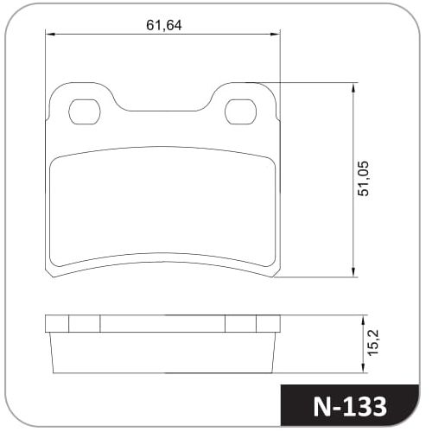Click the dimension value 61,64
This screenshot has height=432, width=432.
point(164,25)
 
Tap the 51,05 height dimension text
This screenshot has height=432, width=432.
point(363,179)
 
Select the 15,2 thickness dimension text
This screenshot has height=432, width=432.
point(374,342)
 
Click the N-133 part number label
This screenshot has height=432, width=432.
point(350,407)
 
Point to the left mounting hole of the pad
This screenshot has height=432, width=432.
point(85,111)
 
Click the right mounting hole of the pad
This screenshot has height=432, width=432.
point(240,111)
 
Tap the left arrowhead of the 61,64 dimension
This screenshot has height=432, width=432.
point(50,35)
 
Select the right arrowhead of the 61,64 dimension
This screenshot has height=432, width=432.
point(275,35)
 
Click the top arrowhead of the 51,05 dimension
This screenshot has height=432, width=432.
point(353,87)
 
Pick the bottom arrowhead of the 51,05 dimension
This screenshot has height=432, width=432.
point(353,272)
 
